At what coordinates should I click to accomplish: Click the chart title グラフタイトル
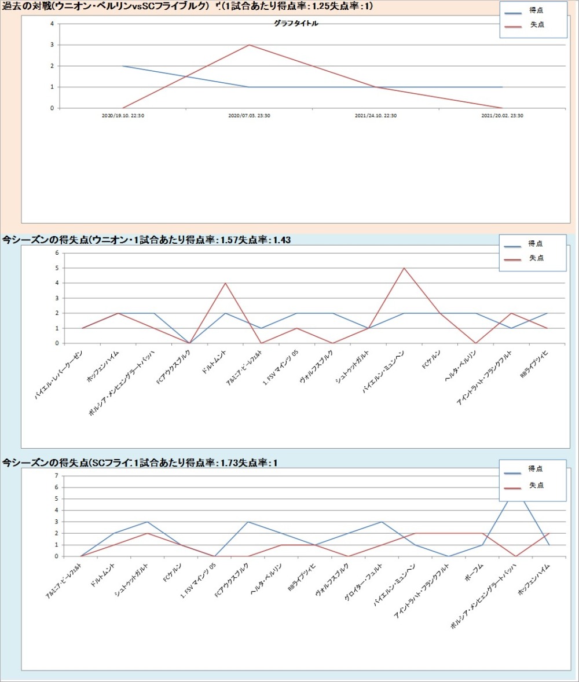click(x=296, y=24)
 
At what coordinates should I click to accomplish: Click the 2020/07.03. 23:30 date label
click(x=249, y=116)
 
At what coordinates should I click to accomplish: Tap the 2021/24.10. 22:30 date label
click(x=376, y=116)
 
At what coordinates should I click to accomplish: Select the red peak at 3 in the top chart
click(x=249, y=45)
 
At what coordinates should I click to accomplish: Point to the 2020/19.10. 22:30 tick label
click(x=123, y=116)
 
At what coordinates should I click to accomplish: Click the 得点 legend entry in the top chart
click(x=536, y=10)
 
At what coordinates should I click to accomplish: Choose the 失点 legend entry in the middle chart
click(x=536, y=258)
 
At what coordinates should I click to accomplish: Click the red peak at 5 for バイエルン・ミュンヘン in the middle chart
click(x=404, y=268)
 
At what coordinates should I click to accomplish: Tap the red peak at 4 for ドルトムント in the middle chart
click(x=225, y=283)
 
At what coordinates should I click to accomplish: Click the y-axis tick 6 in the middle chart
click(x=57, y=253)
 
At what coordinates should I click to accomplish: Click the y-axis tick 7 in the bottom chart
click(x=57, y=476)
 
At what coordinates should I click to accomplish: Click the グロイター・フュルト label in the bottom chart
click(x=365, y=581)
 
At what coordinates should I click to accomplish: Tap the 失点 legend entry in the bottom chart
click(x=536, y=485)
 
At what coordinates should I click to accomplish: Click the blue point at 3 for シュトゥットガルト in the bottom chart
click(x=148, y=522)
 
